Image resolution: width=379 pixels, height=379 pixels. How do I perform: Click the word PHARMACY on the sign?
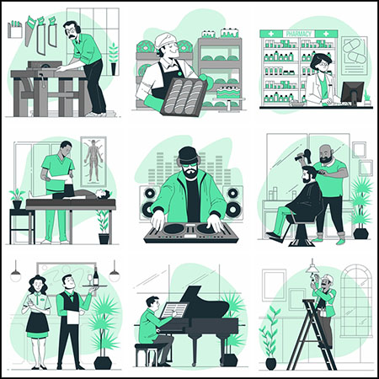click(x=298, y=34)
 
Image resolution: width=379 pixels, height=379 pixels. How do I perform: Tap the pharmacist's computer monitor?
click(x=352, y=93)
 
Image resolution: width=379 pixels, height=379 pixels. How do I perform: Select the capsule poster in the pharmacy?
click(x=355, y=56)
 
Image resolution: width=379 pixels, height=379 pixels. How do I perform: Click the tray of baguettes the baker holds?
click(x=184, y=97)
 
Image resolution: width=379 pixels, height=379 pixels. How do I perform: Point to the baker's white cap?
click(x=165, y=40)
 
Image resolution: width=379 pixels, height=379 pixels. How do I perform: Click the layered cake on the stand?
click(x=227, y=93)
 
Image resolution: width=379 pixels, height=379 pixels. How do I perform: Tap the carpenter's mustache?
click(x=72, y=37)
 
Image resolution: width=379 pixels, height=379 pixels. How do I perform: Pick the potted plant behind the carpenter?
click(x=114, y=59)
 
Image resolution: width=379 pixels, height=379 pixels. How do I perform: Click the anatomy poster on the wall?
click(x=93, y=162)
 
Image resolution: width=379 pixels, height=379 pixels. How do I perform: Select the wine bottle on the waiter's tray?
click(x=96, y=276)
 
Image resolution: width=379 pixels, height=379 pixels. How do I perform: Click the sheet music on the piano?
click(x=173, y=310)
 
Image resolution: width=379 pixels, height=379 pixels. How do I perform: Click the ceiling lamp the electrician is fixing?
click(x=312, y=269)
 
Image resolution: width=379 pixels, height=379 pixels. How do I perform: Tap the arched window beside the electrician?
click(x=355, y=301)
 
